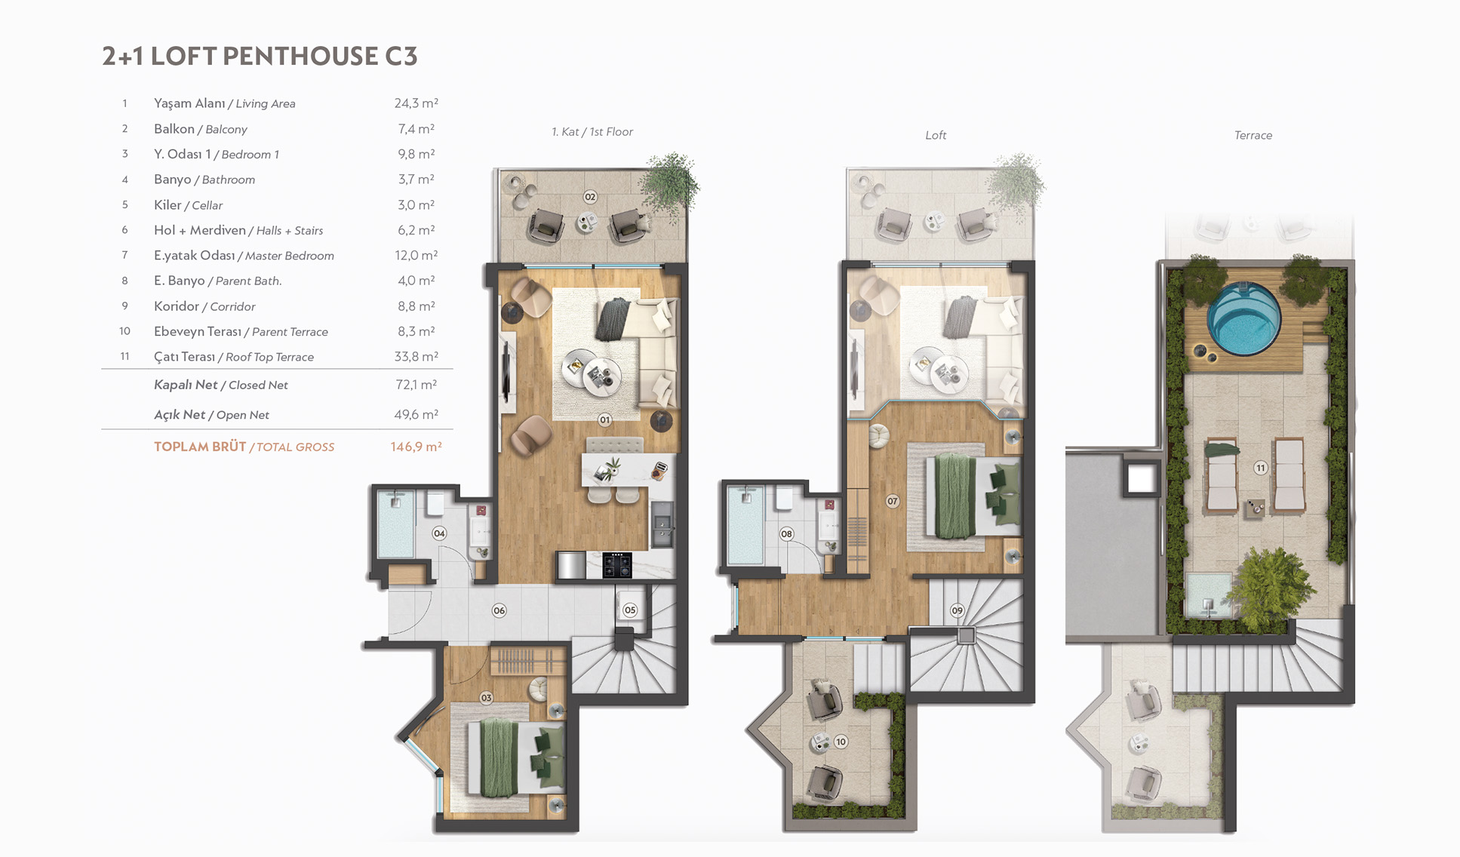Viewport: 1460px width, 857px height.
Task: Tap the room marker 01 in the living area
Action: pos(605,419)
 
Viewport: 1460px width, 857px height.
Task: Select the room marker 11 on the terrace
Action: pos(1260,468)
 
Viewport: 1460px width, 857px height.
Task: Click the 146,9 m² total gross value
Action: pos(416,447)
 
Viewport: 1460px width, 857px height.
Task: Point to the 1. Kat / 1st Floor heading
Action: pos(592,132)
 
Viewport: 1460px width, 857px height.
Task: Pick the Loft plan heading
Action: pos(936,135)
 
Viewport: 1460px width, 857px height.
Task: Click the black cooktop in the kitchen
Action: pos(616,564)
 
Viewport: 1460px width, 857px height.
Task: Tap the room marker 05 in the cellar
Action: pos(630,610)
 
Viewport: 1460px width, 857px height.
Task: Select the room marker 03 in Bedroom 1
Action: pos(487,698)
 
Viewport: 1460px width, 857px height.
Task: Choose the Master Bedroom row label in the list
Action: pos(244,256)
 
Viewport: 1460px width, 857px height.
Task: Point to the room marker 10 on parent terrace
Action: pos(841,742)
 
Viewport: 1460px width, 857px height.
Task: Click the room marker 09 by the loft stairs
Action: pos(957,610)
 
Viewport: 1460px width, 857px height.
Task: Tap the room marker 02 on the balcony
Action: pos(590,197)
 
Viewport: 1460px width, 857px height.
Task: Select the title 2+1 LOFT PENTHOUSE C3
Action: pos(260,57)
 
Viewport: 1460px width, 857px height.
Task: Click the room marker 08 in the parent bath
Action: pos(787,533)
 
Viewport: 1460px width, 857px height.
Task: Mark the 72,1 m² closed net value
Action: pos(416,385)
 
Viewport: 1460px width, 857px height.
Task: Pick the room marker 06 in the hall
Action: pos(499,610)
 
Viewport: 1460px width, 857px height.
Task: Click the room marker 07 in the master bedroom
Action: pos(893,501)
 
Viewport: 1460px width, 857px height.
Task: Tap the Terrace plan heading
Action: pos(1253,135)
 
